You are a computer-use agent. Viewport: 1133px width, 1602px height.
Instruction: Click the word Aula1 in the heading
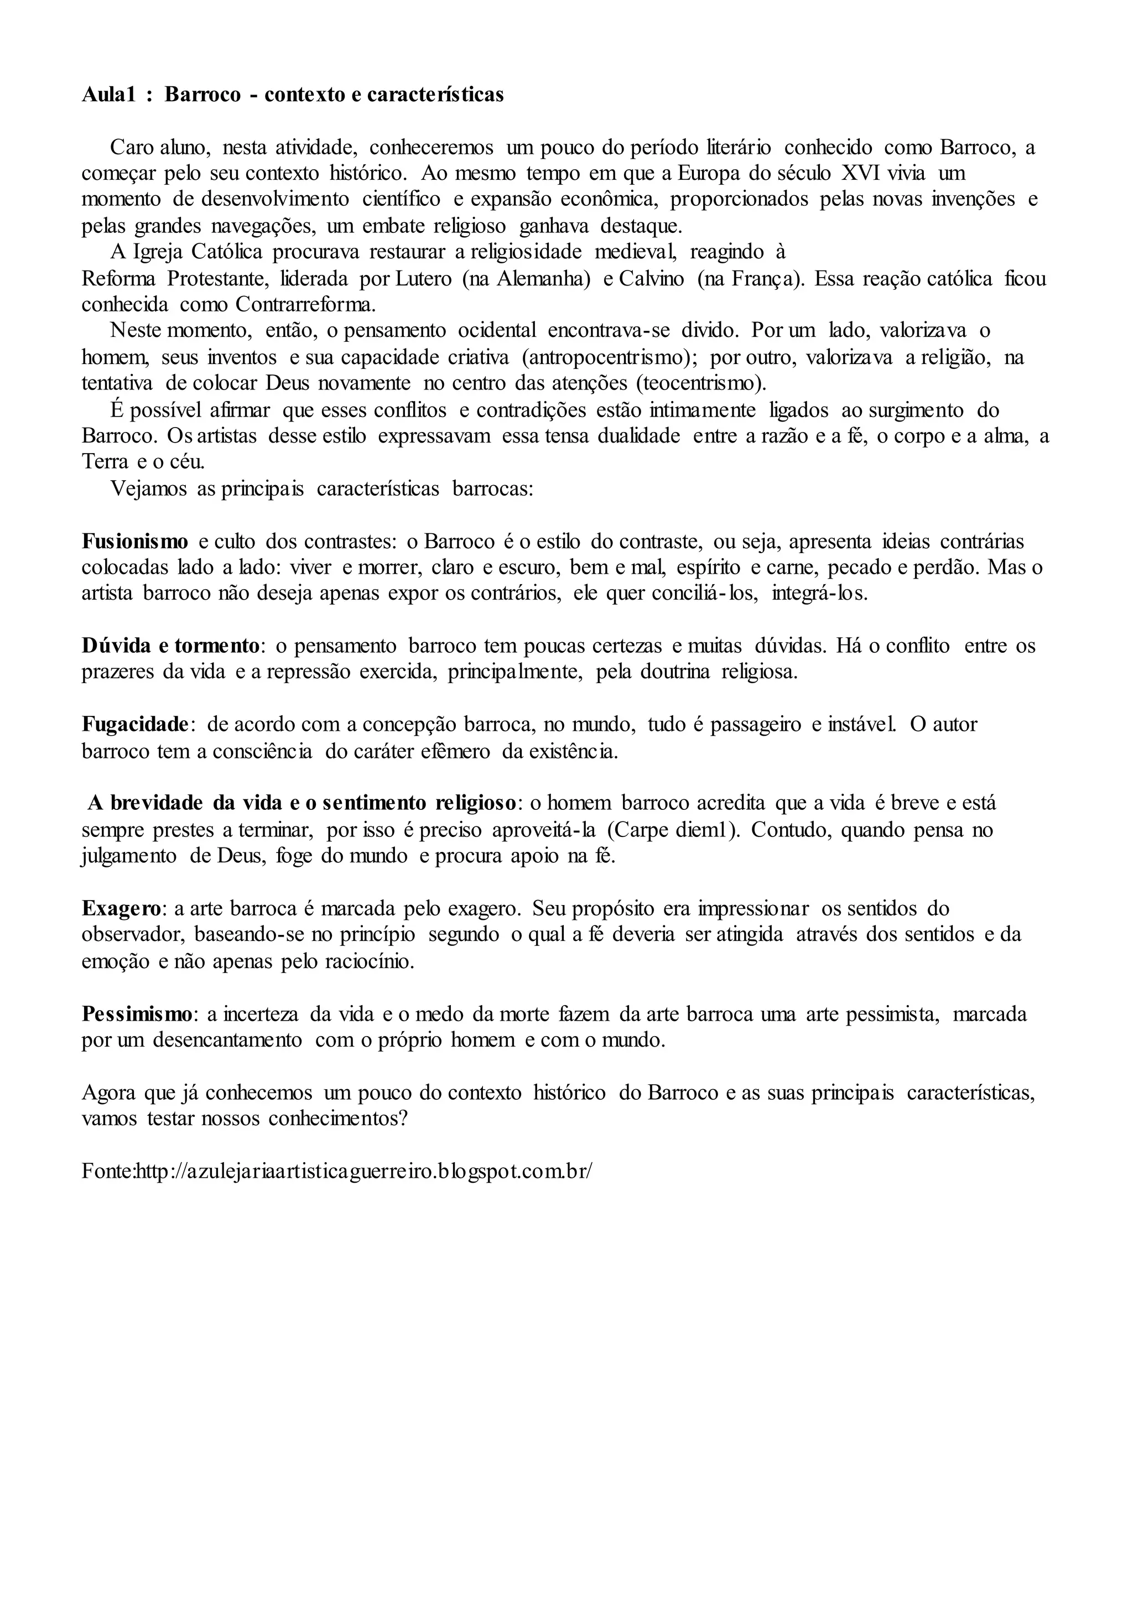click(108, 95)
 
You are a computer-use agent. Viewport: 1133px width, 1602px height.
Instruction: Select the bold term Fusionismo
click(134, 542)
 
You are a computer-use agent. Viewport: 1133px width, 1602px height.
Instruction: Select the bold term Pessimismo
click(136, 1014)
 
